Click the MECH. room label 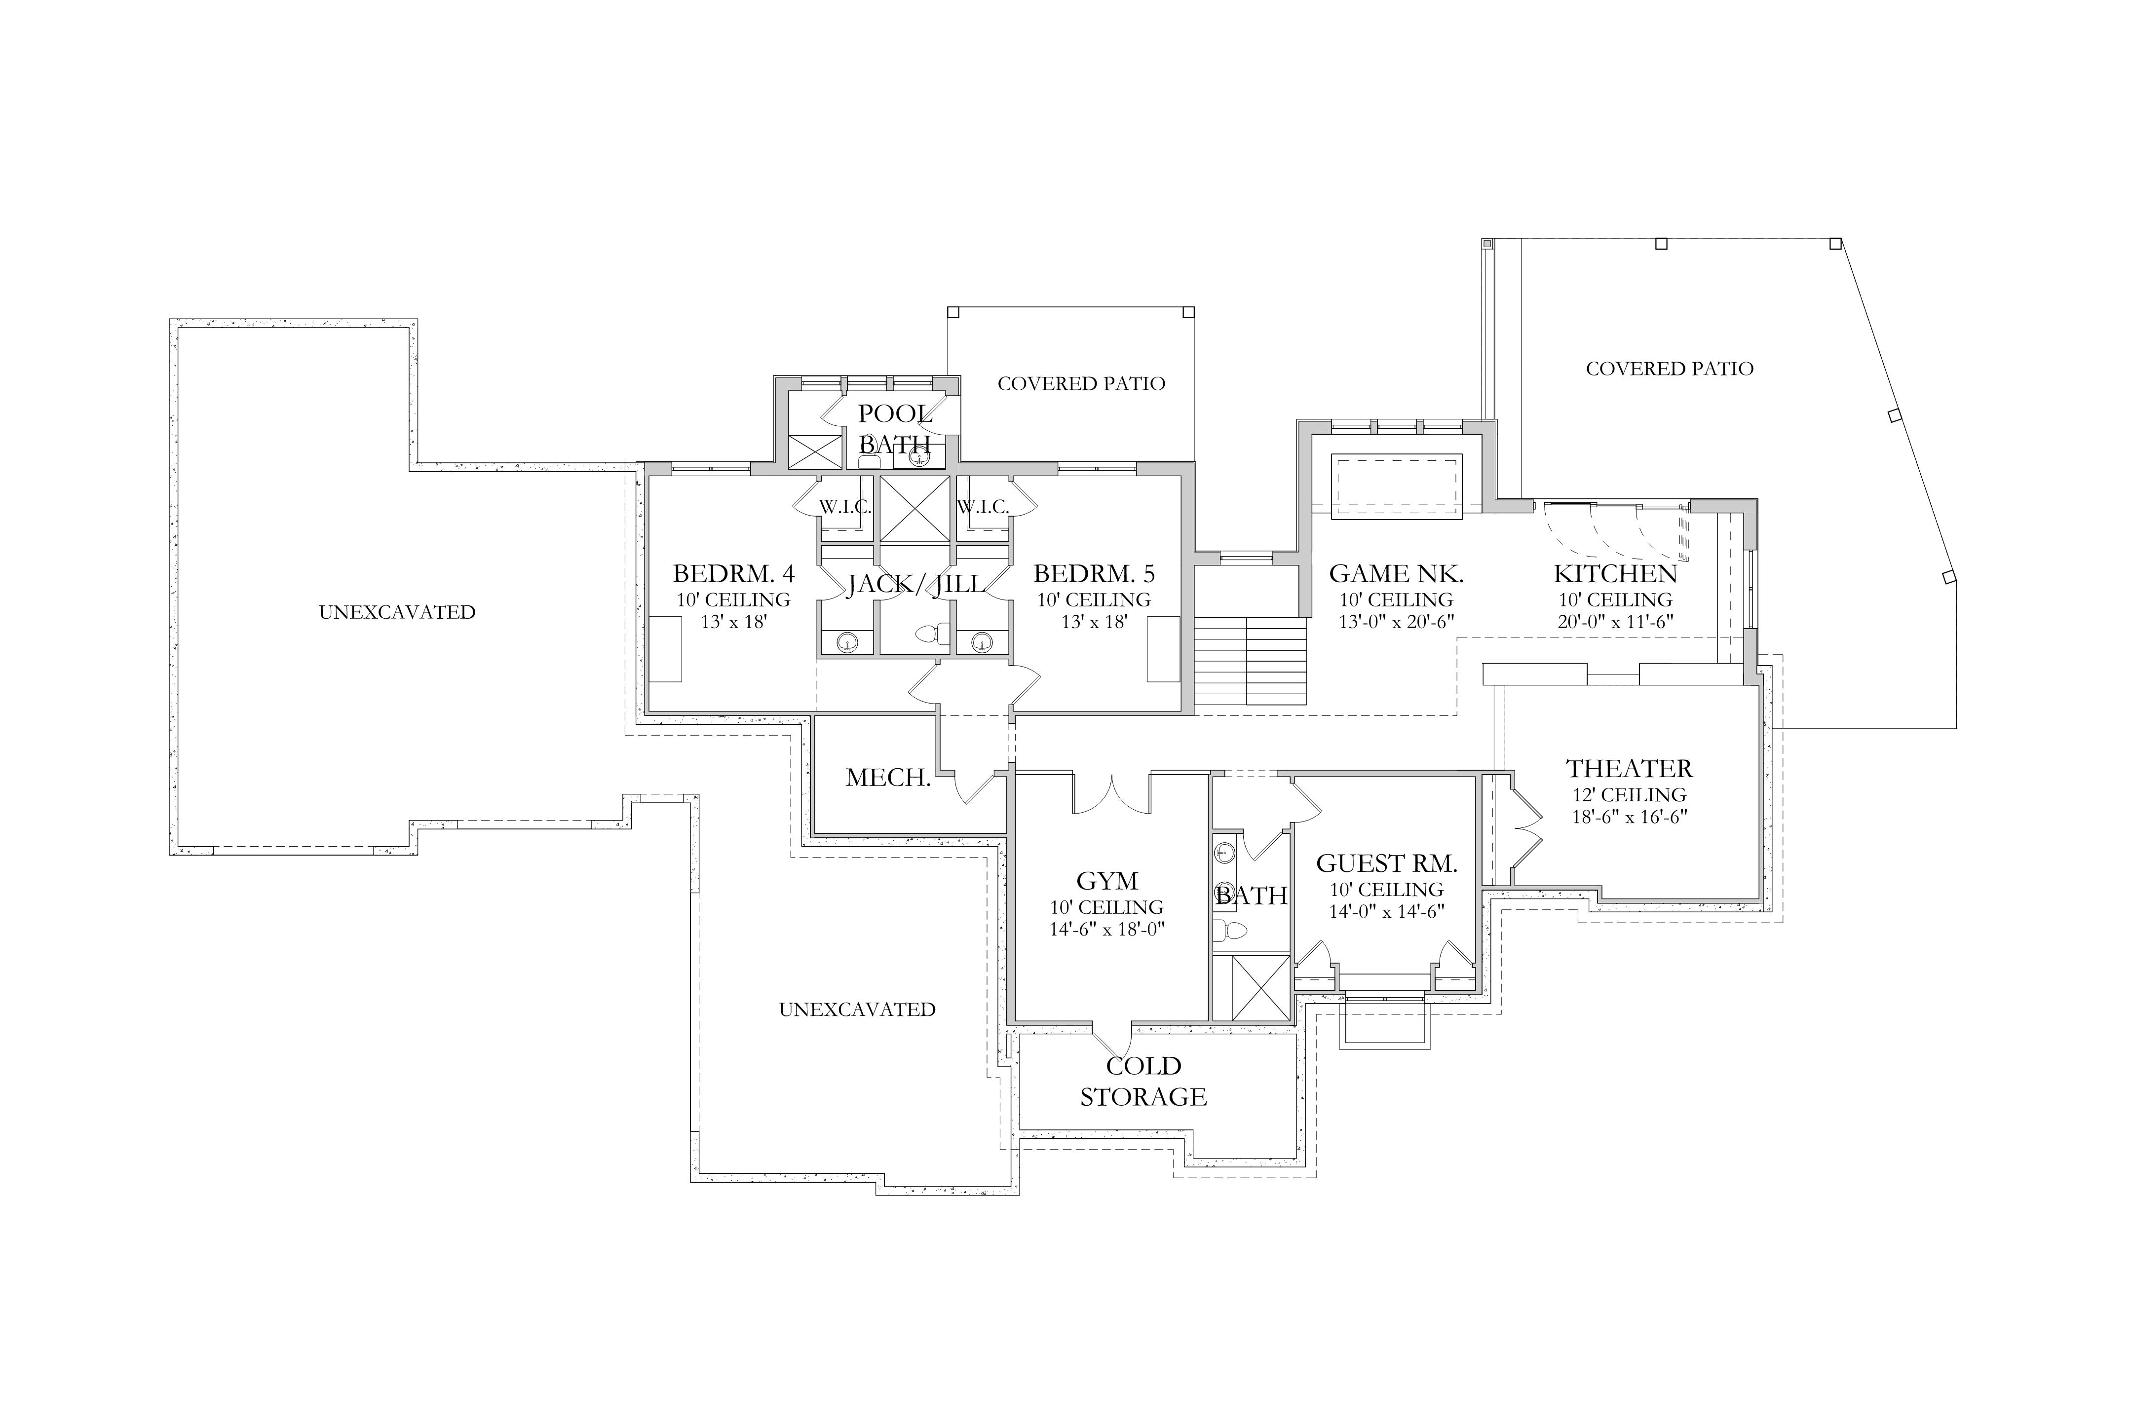click(x=888, y=778)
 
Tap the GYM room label click(x=1107, y=881)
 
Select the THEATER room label click(x=1630, y=769)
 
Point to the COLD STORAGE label click(x=1143, y=1081)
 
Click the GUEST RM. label click(x=1387, y=863)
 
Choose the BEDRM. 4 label click(x=733, y=574)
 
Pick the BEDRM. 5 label click(x=1094, y=574)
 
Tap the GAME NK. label click(x=1397, y=574)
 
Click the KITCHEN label click(x=1615, y=574)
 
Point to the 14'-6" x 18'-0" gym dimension click(x=1107, y=929)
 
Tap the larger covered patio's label click(x=1670, y=369)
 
